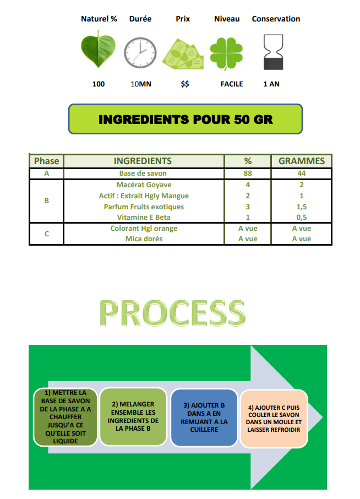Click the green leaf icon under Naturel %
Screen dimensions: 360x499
pyautogui.click(x=98, y=50)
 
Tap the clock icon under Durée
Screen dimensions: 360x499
pyautogui.click(x=140, y=52)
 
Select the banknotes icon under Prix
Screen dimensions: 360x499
pyautogui.click(x=183, y=54)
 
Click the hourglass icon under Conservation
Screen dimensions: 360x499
pyautogui.click(x=273, y=52)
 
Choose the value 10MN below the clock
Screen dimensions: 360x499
pyautogui.click(x=141, y=84)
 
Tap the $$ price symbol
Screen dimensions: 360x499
pyautogui.click(x=185, y=84)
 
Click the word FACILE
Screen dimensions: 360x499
pyautogui.click(x=232, y=84)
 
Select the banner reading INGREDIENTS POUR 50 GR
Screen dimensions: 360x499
pyautogui.click(x=186, y=119)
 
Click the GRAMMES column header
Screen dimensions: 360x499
pyautogui.click(x=302, y=161)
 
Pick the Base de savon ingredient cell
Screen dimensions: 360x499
pyautogui.click(x=143, y=173)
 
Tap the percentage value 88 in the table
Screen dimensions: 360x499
pyautogui.click(x=248, y=173)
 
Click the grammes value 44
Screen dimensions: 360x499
pyautogui.click(x=302, y=173)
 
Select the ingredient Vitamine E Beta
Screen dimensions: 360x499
pyautogui.click(x=144, y=218)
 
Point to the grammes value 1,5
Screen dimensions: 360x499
pyautogui.click(x=302, y=207)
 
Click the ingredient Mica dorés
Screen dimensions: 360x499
pyautogui.click(x=144, y=238)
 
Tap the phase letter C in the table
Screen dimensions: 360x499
pyautogui.click(x=47, y=234)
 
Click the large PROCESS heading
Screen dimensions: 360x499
pyautogui.click(x=172, y=313)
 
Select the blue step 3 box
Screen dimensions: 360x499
pyautogui.click(x=204, y=417)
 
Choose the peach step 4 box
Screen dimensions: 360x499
pyautogui.click(x=274, y=419)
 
